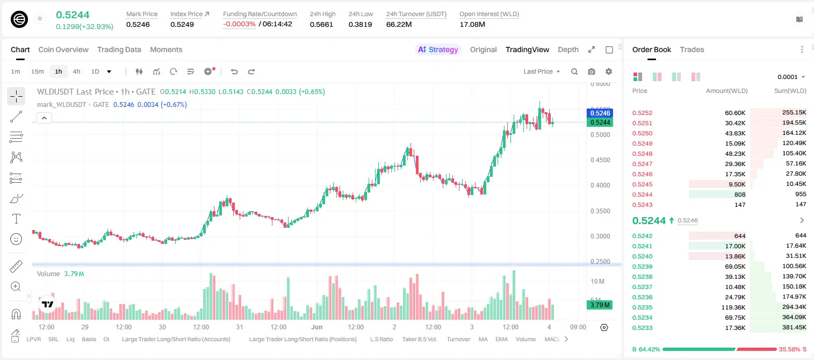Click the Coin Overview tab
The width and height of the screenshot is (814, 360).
coord(63,50)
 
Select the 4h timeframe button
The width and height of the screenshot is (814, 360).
coord(76,71)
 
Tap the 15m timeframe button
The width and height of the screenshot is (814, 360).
coord(38,71)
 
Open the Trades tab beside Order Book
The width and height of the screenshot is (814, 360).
coord(692,50)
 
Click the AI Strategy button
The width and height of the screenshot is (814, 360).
coord(438,50)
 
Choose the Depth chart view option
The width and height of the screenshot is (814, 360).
coord(568,50)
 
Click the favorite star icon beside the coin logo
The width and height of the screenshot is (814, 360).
coord(40,18)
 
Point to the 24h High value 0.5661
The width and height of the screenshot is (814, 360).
coord(321,24)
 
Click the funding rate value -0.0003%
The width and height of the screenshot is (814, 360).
coord(239,24)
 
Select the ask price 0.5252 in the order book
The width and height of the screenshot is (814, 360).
coord(642,113)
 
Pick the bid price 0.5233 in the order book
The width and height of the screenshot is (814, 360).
coord(642,328)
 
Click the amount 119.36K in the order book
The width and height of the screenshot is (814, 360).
coord(733,307)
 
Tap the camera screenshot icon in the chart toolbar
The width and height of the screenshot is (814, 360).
coord(592,71)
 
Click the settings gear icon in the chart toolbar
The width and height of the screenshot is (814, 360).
coord(609,71)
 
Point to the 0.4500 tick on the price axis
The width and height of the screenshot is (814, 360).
coord(600,160)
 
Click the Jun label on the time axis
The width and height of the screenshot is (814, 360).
coord(316,327)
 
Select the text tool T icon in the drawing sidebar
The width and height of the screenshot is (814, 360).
coord(16,219)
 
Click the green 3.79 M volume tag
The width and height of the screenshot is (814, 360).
coord(600,305)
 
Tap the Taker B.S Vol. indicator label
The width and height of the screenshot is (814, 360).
coord(419,339)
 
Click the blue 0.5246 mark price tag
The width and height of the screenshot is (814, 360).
coord(600,113)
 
